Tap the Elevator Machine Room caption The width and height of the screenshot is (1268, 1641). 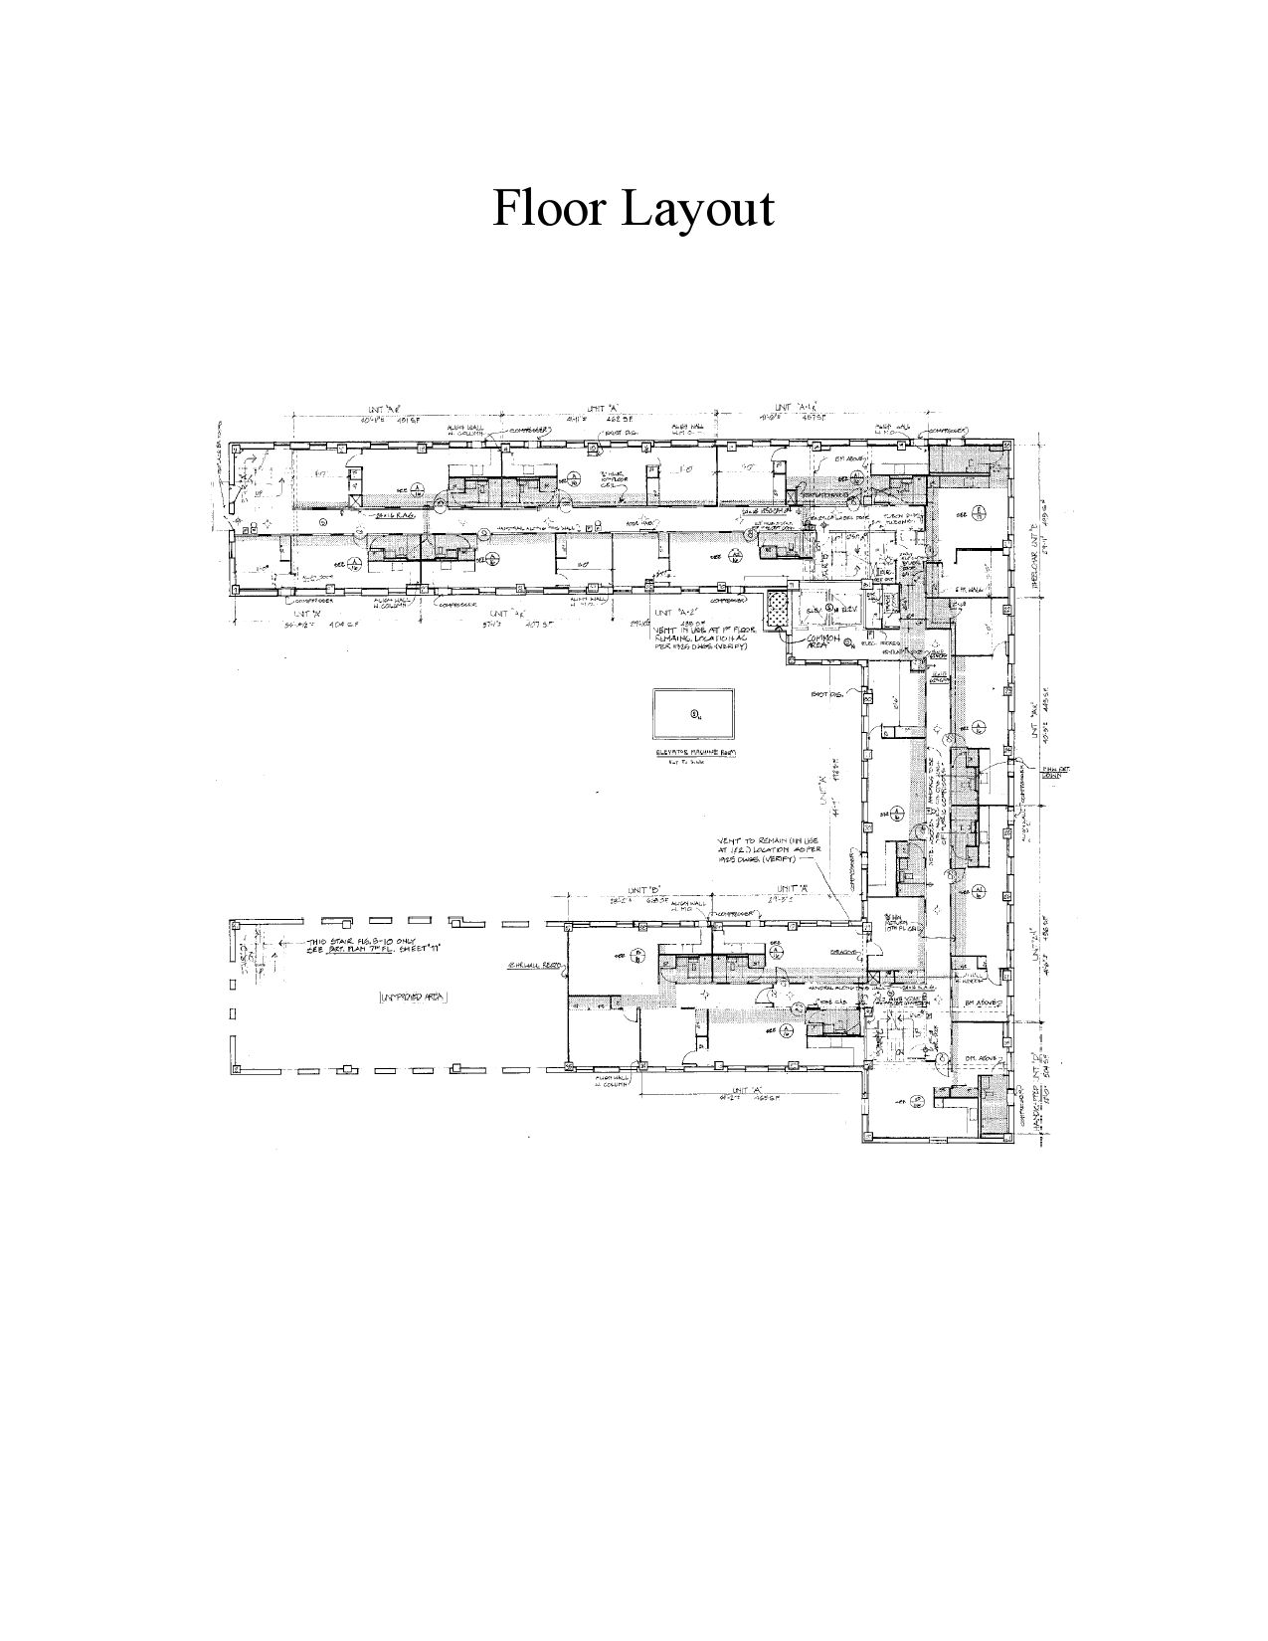tap(694, 753)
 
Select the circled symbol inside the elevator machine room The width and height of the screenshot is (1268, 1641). tap(694, 714)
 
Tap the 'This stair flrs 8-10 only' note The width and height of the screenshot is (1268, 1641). tap(365, 945)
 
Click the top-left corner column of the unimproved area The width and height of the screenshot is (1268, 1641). tap(237, 926)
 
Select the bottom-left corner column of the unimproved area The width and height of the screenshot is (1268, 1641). tap(237, 1069)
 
